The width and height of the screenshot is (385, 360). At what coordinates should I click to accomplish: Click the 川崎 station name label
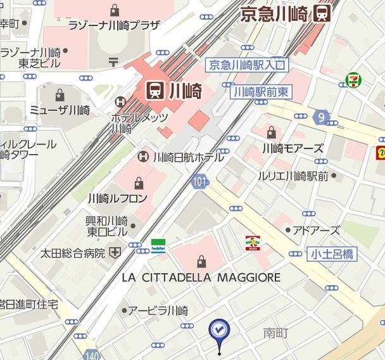(184, 91)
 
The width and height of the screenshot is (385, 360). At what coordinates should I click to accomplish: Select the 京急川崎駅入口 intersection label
(248, 65)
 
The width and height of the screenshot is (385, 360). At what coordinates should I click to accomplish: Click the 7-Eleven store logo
(353, 80)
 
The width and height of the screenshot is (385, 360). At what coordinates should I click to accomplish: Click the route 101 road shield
(199, 183)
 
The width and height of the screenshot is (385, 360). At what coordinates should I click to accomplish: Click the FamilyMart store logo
(158, 245)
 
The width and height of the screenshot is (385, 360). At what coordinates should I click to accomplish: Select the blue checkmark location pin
(219, 330)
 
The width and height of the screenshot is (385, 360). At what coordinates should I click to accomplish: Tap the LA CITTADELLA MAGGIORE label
(201, 278)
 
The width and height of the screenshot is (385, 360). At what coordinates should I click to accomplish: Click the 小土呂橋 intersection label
(332, 254)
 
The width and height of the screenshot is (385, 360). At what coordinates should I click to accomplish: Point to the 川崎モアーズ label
(292, 149)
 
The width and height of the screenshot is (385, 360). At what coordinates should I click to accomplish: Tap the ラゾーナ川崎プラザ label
(114, 26)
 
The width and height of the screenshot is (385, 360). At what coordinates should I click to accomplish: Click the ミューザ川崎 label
(60, 110)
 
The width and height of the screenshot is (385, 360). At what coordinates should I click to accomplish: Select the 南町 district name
(275, 332)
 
